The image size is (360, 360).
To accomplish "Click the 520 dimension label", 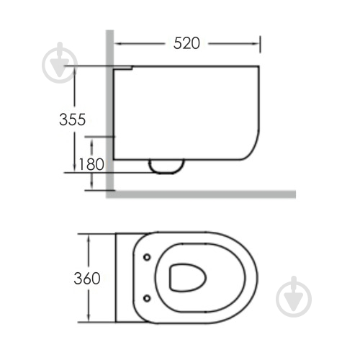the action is tap(186, 43).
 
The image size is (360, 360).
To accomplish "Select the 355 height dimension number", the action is tap(72, 120).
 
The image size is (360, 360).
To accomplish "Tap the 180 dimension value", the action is tap(91, 164).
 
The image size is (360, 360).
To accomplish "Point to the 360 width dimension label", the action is tap(87, 279).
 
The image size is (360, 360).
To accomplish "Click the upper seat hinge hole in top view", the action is tap(147, 257).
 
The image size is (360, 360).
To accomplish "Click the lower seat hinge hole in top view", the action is tap(147, 298).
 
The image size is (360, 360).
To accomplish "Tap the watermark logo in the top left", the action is tap(60, 63).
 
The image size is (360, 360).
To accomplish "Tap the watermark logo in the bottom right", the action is tap(294, 297).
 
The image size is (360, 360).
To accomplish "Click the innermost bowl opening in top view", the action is tap(188, 278).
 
